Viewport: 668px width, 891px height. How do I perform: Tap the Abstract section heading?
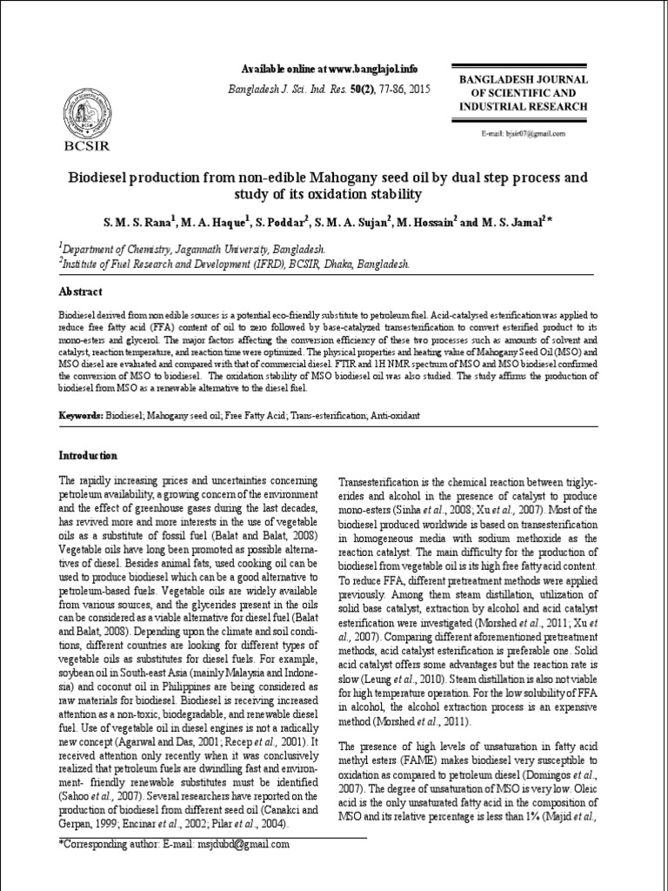click(x=80, y=291)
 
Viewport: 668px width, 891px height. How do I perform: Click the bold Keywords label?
click(x=82, y=417)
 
